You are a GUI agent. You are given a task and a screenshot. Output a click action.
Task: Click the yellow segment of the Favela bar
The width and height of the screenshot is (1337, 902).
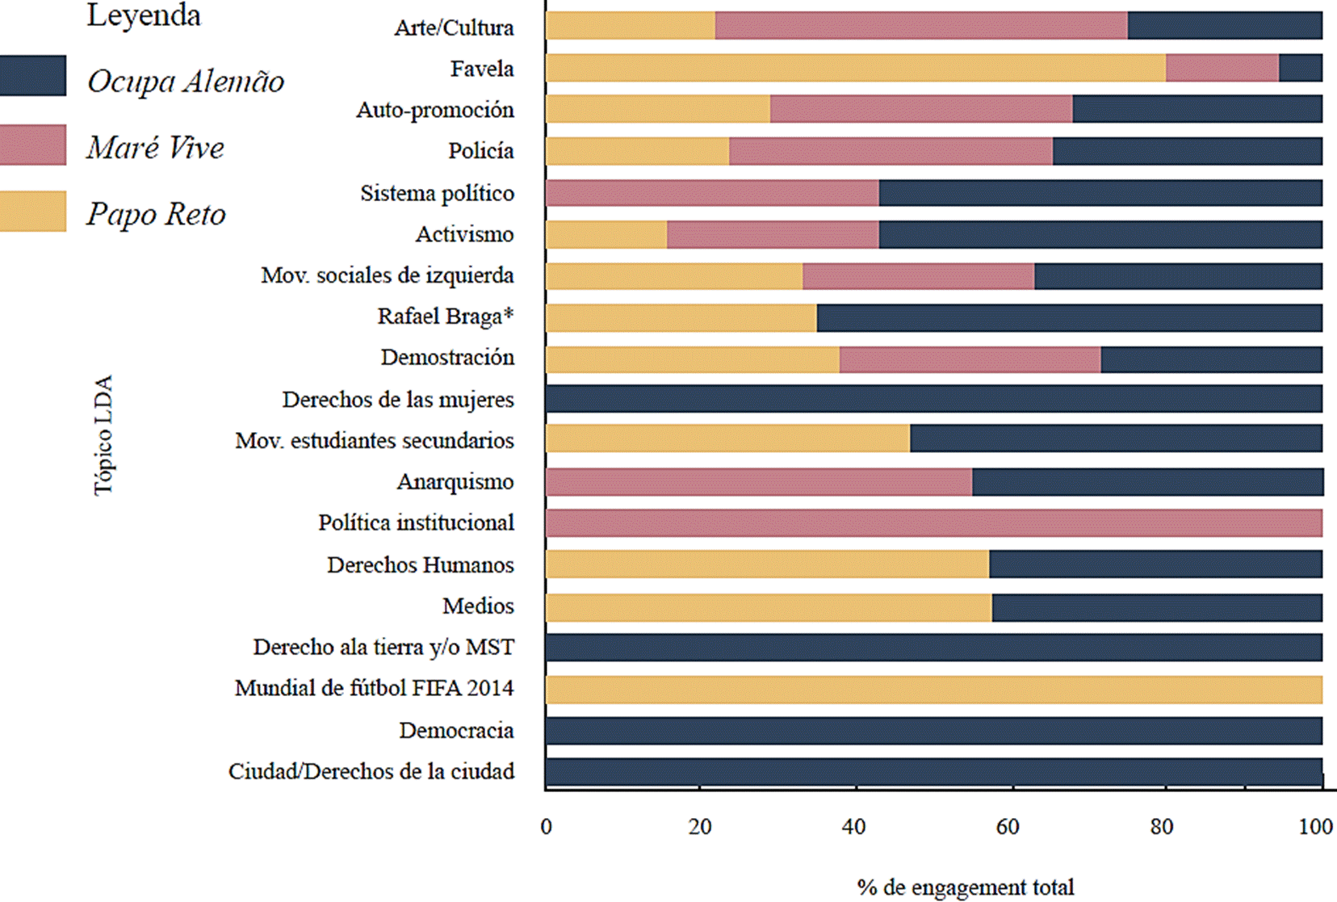click(x=855, y=69)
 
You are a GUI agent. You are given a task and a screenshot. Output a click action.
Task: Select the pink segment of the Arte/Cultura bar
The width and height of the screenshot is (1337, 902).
click(x=921, y=26)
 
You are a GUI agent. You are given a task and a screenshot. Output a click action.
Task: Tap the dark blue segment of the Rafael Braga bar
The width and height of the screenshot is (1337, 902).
click(x=1069, y=317)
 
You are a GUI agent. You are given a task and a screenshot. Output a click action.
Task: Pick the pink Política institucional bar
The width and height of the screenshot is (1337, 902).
click(x=933, y=523)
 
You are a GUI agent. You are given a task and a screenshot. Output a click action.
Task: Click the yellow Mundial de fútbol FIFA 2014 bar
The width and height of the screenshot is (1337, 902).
click(x=933, y=690)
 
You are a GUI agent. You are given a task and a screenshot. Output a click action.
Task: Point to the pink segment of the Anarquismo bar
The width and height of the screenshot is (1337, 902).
click(x=759, y=482)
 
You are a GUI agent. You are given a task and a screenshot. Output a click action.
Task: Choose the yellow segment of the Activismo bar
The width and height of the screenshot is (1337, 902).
click(x=606, y=235)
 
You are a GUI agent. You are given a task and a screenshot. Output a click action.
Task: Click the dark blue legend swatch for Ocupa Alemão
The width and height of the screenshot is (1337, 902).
click(x=32, y=76)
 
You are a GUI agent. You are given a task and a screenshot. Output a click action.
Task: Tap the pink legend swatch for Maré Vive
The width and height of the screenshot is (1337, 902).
click(x=32, y=145)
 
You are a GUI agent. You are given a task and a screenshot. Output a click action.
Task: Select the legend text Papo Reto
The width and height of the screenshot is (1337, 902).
click(x=156, y=214)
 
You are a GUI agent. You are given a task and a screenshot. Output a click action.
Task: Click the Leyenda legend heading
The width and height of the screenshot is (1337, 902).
click(x=144, y=15)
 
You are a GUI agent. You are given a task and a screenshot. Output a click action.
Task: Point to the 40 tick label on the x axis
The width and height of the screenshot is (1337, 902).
click(x=853, y=827)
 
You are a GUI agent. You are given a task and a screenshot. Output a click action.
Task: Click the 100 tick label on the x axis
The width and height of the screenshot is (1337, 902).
click(x=1315, y=827)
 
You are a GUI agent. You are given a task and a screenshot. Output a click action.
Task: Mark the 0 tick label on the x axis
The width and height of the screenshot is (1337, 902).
click(x=547, y=827)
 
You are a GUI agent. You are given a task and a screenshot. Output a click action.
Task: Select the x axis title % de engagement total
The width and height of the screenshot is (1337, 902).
click(x=965, y=887)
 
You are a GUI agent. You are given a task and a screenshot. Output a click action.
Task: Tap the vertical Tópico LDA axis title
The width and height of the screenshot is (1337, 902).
click(x=103, y=435)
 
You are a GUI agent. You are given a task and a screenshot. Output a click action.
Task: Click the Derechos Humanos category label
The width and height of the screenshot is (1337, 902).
click(x=420, y=564)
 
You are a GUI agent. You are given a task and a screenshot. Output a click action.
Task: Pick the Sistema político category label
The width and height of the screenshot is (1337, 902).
click(x=437, y=193)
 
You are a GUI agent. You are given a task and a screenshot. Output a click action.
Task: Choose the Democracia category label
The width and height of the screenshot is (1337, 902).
click(x=456, y=730)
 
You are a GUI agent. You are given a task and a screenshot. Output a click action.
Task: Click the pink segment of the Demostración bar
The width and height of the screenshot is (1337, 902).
click(x=970, y=359)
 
